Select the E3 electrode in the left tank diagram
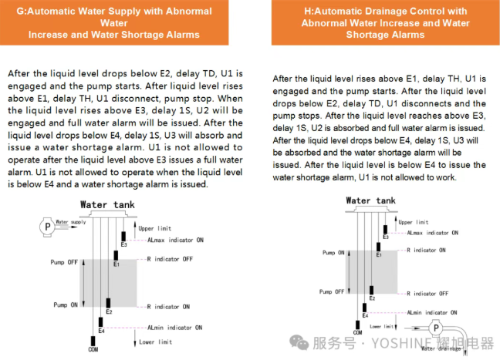[x=123, y=236]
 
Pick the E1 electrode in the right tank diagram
[x=378, y=246]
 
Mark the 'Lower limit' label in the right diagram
[x=394, y=326]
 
